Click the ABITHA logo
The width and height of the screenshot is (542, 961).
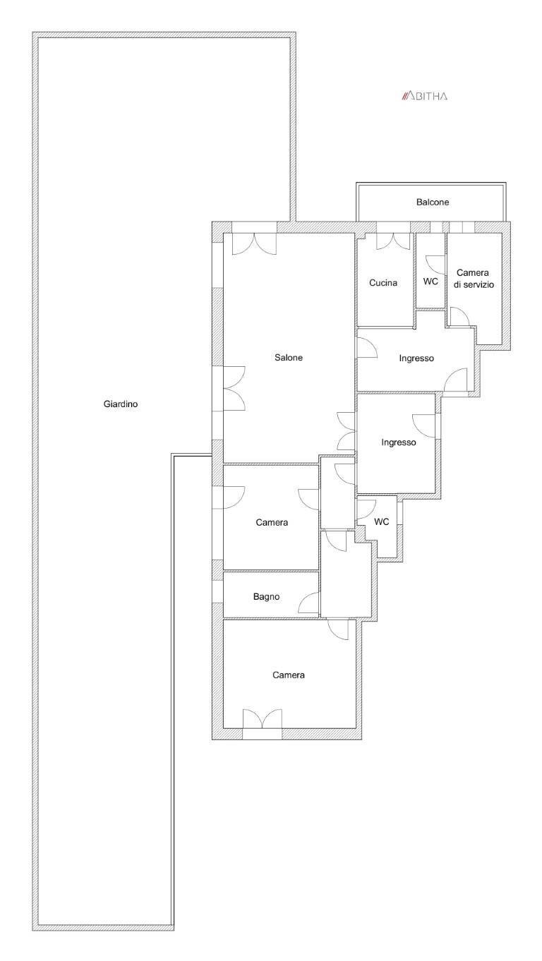pyautogui.click(x=424, y=96)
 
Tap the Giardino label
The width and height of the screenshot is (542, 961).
pyautogui.click(x=120, y=405)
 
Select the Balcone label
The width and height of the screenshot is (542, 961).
pyautogui.click(x=432, y=202)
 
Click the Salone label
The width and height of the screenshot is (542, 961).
pyautogui.click(x=289, y=358)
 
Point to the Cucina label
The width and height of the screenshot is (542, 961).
pyautogui.click(x=383, y=283)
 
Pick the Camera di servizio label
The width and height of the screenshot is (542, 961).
pyautogui.click(x=475, y=279)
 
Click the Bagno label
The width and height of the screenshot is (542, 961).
pyautogui.click(x=266, y=597)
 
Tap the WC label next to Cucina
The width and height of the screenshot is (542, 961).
pyautogui.click(x=430, y=281)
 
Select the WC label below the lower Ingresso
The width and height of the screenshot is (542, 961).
pyautogui.click(x=381, y=522)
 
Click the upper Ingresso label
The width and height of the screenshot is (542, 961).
pyautogui.click(x=416, y=358)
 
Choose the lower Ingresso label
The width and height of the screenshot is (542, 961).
pyautogui.click(x=399, y=443)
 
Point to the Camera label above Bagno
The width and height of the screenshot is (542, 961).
pyautogui.click(x=272, y=523)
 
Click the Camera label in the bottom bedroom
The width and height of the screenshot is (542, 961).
pyautogui.click(x=289, y=675)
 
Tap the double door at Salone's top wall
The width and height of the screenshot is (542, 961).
pyautogui.click(x=254, y=243)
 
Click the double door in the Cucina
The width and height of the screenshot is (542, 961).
pyautogui.click(x=393, y=241)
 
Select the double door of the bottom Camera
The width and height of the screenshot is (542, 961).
pyautogui.click(x=261, y=719)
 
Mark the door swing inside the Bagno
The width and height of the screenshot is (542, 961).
pyautogui.click(x=310, y=603)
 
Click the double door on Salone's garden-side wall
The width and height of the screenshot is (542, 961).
pyautogui.click(x=234, y=388)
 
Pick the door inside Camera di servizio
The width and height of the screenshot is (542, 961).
pyautogui.click(x=459, y=317)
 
